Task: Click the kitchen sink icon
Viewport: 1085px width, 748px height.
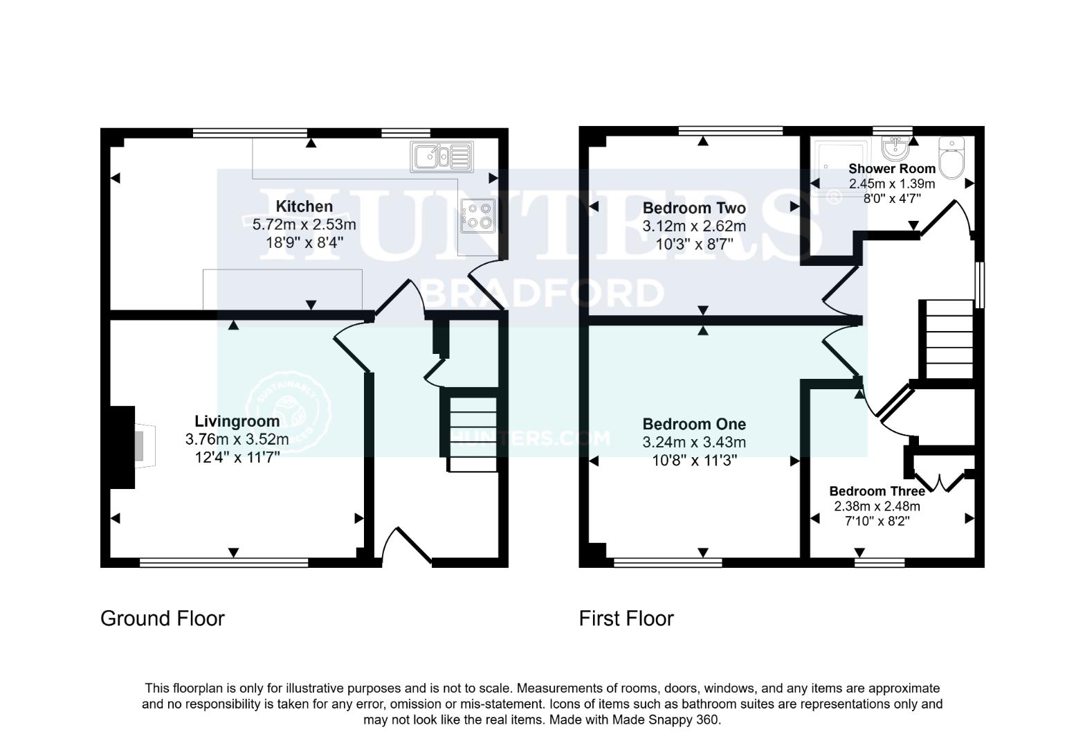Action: (x=441, y=157)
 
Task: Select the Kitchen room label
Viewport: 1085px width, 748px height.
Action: (x=304, y=206)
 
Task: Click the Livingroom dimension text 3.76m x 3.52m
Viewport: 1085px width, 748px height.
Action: (x=237, y=439)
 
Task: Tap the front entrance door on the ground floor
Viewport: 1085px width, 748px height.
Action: (x=407, y=547)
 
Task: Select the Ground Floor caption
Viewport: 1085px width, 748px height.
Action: (x=163, y=618)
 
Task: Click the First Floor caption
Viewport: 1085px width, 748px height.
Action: (x=626, y=618)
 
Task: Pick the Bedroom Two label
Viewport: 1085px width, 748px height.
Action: (x=694, y=208)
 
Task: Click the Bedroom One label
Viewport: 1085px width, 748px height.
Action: (x=694, y=424)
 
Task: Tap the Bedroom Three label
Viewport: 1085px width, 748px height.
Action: (x=877, y=491)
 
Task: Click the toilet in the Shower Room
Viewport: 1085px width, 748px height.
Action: (x=952, y=158)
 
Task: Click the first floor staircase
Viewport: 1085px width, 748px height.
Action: (x=949, y=339)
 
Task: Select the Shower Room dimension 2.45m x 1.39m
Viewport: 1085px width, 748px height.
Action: (x=891, y=184)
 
